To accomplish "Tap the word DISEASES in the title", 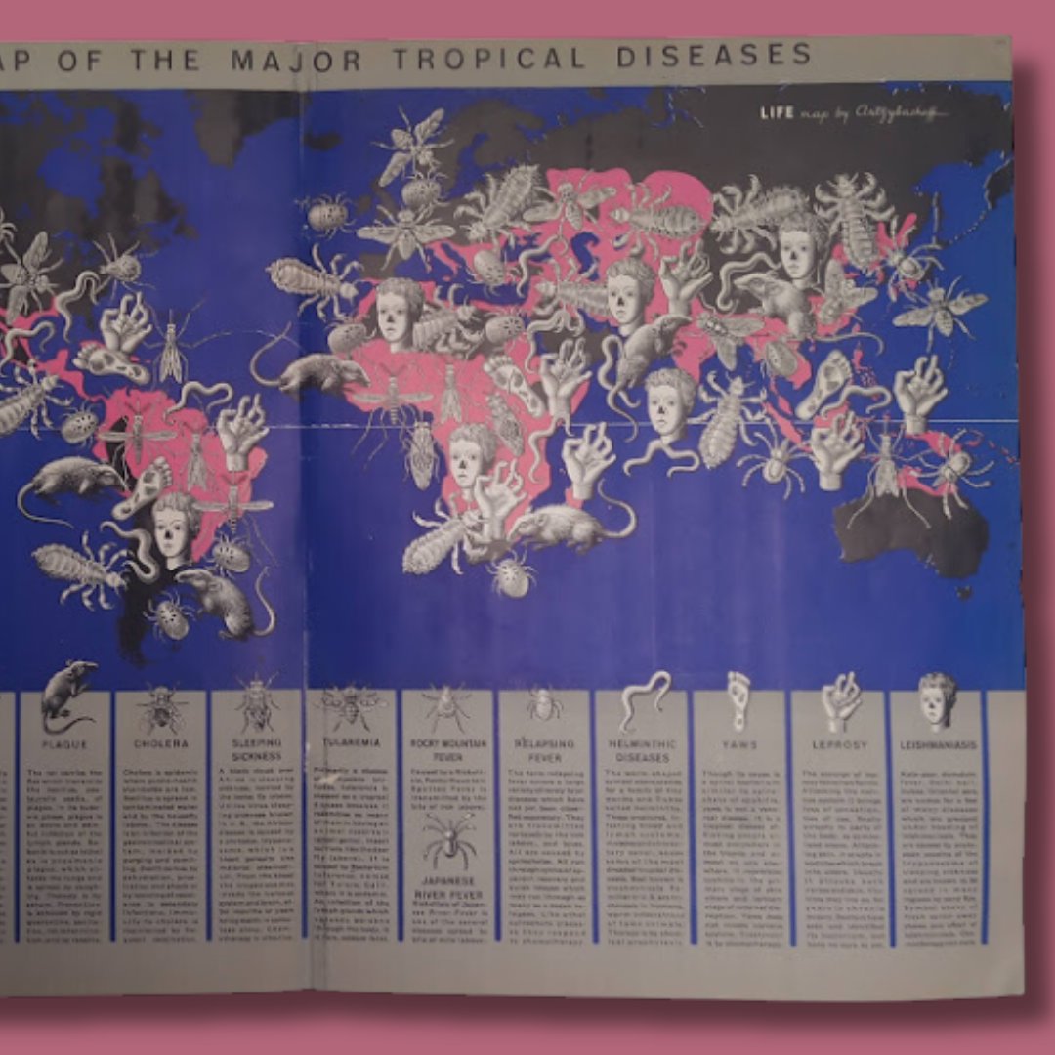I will [714, 55].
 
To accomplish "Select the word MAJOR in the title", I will [296, 61].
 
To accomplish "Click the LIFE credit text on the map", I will [778, 113].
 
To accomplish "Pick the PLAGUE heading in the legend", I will [65, 744].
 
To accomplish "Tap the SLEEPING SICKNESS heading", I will [257, 749].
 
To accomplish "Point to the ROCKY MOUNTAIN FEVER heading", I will [446, 749].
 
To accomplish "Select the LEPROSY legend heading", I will [839, 744].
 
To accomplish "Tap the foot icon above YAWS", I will [739, 696].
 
